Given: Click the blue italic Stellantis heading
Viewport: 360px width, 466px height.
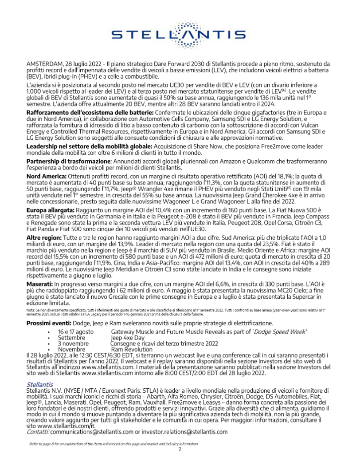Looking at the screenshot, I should pyautogui.click(x=39, y=384).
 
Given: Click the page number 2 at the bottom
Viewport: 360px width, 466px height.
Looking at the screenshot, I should pyautogui.click(x=180, y=449).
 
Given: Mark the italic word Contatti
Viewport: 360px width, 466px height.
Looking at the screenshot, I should pyautogui.click(x=38, y=431).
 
